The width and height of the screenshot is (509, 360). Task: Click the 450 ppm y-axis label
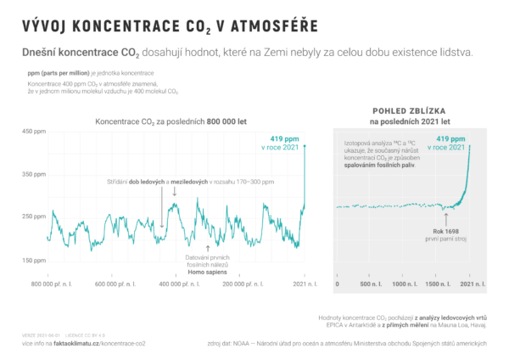pyautogui.click(x=34, y=131)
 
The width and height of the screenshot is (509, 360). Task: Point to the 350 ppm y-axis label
pyautogui.click(x=34, y=174)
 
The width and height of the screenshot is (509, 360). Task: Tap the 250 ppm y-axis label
pyautogui.click(x=34, y=217)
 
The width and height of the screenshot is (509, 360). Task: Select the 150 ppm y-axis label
pyautogui.click(x=34, y=260)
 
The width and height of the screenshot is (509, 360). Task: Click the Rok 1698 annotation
pyautogui.click(x=445, y=230)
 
